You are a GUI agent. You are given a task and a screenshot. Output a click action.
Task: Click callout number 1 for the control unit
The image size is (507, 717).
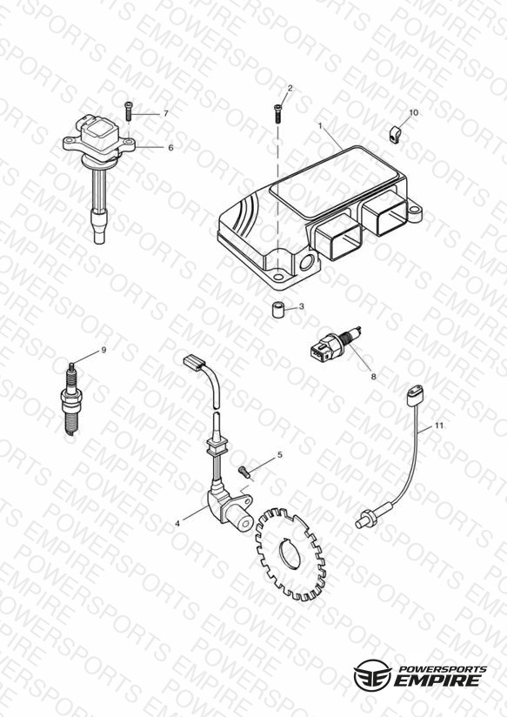pos(320,125)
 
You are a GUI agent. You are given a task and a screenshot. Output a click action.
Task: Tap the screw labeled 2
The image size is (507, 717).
pos(277,113)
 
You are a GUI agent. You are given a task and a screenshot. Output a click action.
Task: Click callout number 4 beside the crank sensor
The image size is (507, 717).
pos(177,524)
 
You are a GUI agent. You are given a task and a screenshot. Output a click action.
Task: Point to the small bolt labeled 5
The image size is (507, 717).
pos(244,471)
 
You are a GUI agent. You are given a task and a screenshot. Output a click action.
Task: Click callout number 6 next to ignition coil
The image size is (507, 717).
pos(170,148)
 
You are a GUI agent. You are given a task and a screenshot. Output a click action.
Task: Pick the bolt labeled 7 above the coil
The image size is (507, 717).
pos(128,111)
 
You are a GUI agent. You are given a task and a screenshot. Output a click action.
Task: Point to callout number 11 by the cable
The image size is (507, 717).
pos(439,426)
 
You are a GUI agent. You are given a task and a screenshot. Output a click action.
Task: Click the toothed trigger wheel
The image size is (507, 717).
pos(290,554)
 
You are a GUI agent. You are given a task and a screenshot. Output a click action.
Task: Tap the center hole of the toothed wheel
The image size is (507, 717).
pos(290,553)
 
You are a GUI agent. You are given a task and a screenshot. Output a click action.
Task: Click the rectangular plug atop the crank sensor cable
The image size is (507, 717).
pos(194,362)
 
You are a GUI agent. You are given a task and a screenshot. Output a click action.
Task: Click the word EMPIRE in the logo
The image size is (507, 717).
pos(438,680)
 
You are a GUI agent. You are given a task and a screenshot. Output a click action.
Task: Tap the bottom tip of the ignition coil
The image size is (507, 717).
pos(100,241)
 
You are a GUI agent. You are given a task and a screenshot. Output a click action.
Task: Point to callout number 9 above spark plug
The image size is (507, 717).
pos(103,351)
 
